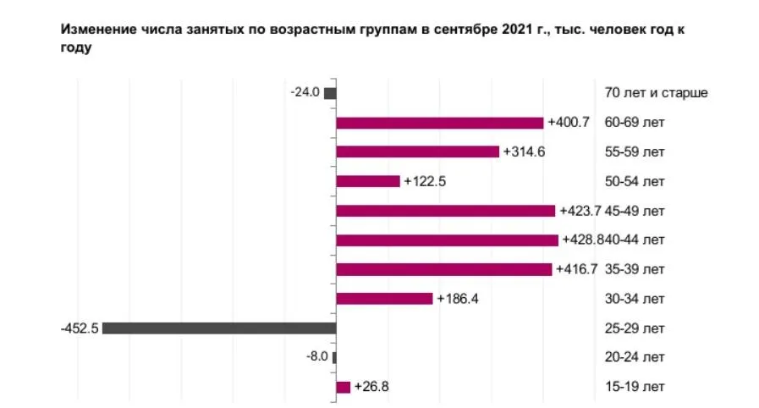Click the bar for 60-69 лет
point(439,123)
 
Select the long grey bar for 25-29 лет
point(219,328)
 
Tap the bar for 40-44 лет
point(447,240)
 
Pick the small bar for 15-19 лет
point(343,387)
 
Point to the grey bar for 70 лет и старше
point(330,93)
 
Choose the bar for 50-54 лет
point(367,181)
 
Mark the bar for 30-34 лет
point(384,299)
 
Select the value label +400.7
point(569,123)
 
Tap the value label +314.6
point(524,152)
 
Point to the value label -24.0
point(305,92)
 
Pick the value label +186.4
point(458,299)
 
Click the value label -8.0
point(316,357)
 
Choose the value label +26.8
point(371,387)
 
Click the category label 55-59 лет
point(635,152)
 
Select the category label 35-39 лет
point(635,270)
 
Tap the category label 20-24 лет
point(635,357)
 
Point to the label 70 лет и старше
point(656,93)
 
